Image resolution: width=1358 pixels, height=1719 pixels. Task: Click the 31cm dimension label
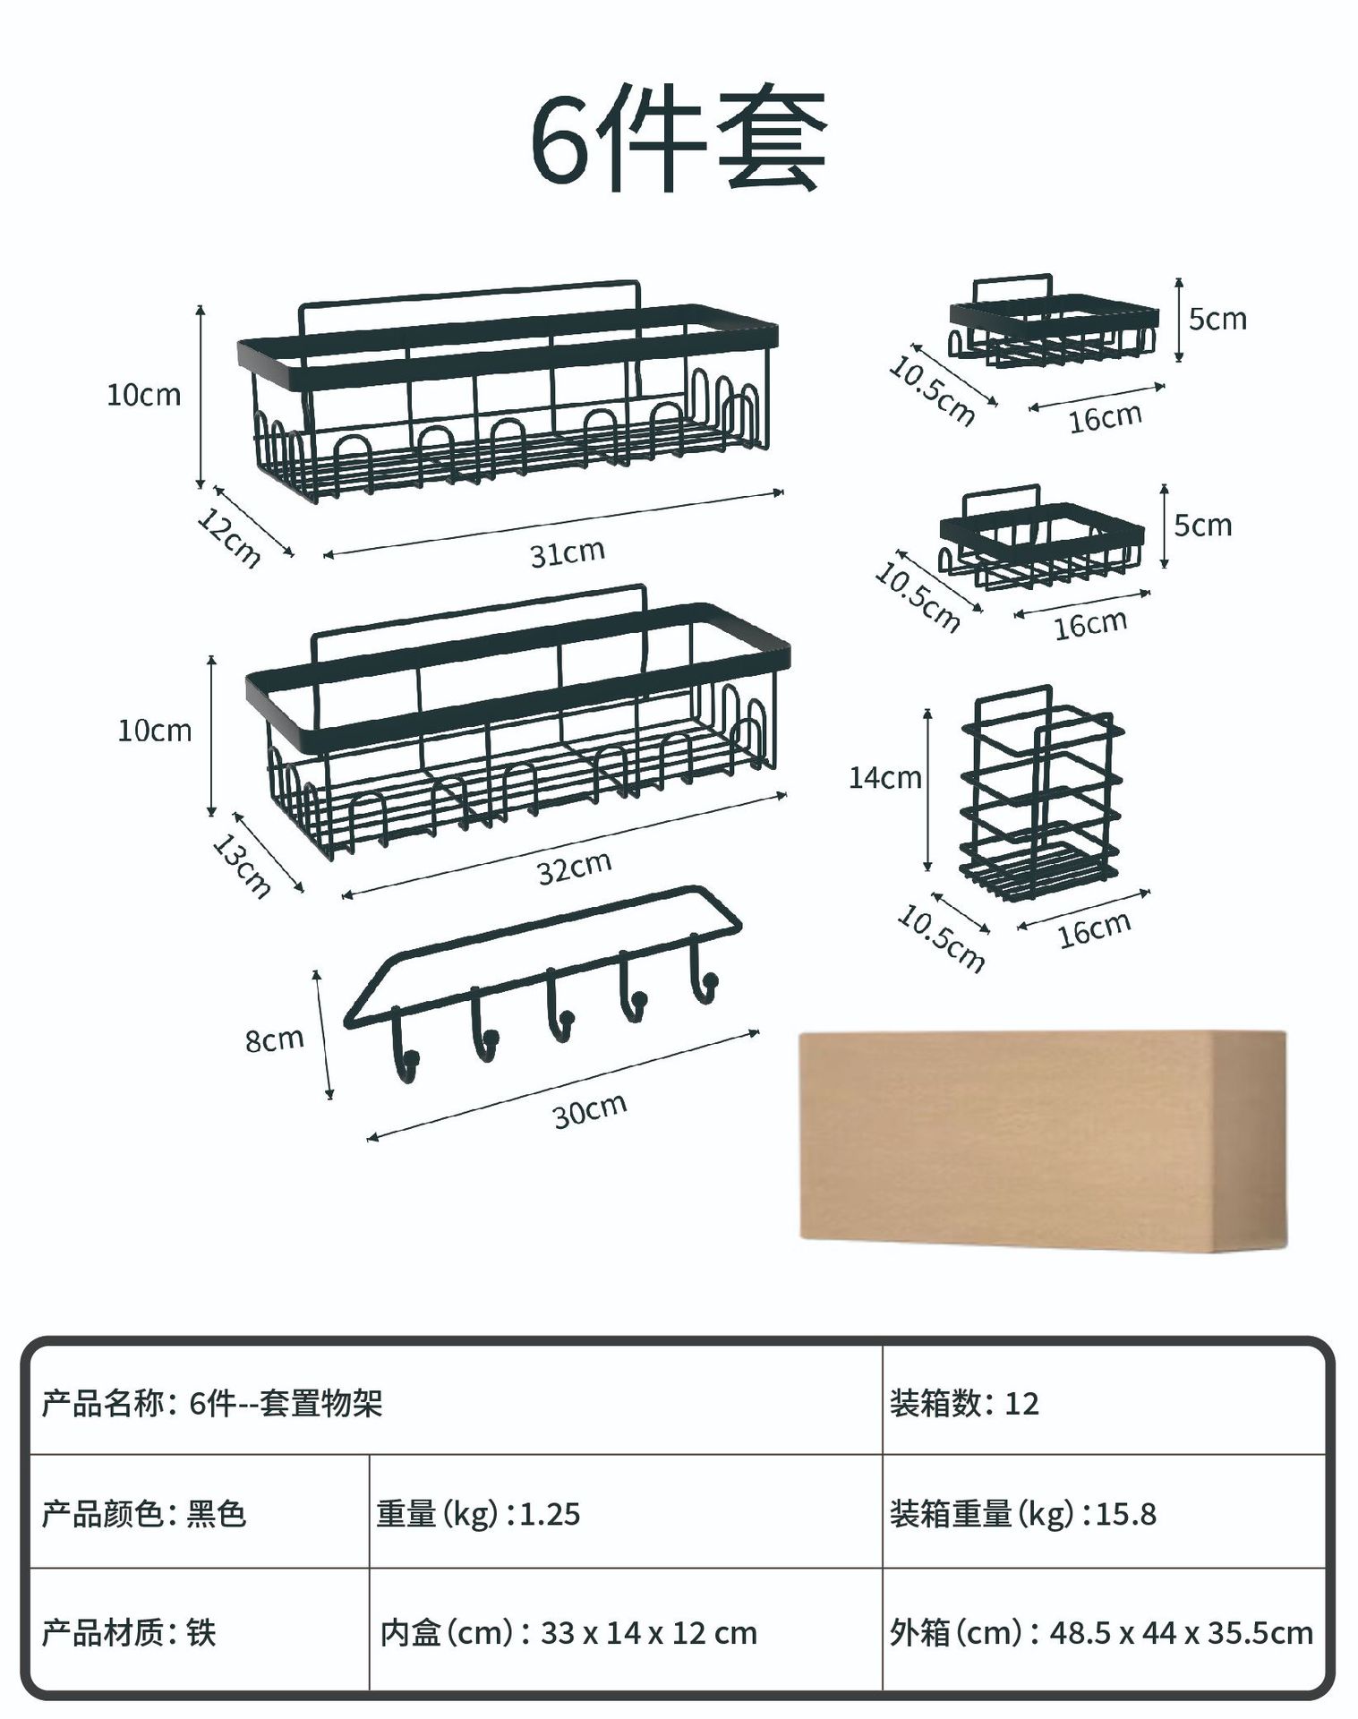(x=567, y=553)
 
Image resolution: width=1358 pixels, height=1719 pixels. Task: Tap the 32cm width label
(x=574, y=867)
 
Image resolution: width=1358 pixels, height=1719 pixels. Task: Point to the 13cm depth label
(x=241, y=866)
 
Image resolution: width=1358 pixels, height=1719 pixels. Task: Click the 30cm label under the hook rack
(x=589, y=1110)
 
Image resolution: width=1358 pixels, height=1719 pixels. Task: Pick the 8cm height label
(x=274, y=1039)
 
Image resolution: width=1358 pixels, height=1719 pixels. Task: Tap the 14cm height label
(x=884, y=777)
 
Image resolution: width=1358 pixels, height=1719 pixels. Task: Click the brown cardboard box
(x=1042, y=1140)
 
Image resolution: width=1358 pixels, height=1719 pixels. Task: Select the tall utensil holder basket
(x=1040, y=792)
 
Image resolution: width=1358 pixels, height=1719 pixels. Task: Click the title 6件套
(x=678, y=139)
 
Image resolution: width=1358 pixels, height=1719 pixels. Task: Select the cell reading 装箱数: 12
(x=964, y=1403)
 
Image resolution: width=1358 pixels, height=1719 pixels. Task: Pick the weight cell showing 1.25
(x=478, y=1514)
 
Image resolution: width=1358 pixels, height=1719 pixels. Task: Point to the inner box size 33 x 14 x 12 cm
(x=568, y=1633)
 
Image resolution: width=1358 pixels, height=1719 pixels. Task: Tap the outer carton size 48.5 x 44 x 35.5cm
(x=1101, y=1633)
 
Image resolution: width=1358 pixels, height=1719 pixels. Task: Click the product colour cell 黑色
(x=143, y=1514)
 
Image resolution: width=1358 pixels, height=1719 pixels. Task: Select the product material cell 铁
(x=129, y=1633)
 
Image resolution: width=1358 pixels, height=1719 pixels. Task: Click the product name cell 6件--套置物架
(x=212, y=1403)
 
